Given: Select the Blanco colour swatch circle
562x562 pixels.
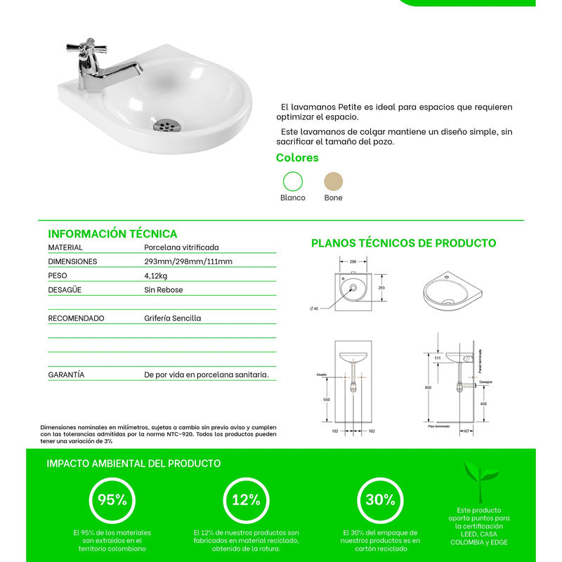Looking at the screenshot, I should pos(292,181).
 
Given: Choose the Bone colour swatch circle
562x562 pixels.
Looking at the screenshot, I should pos(334,181).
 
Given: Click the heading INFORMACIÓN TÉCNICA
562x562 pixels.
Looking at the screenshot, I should pos(112,234).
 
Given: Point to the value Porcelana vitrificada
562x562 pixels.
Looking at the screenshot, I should pos(181,247).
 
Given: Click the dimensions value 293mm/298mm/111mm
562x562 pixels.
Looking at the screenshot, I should pos(188,261).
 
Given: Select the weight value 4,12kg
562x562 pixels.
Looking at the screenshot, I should pos(155,275).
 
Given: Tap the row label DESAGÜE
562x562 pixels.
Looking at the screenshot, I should pos(65,289).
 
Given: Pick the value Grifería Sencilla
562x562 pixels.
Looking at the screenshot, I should pos(172,318).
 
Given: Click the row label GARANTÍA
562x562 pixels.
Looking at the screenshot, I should pos(66,375).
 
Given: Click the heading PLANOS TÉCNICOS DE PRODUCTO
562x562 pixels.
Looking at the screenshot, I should pos(403,244).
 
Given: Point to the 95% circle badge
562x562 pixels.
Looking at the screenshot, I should pos(112,500).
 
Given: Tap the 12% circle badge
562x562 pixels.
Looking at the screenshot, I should pos(247,500).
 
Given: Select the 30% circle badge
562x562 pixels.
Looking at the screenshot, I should pos(380,500).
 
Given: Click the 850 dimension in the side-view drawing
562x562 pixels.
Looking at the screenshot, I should pos(428,387).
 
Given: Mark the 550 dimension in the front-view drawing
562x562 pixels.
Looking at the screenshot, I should pos(326,399).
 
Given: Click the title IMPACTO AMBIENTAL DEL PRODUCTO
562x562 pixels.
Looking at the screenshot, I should pos(133,464).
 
